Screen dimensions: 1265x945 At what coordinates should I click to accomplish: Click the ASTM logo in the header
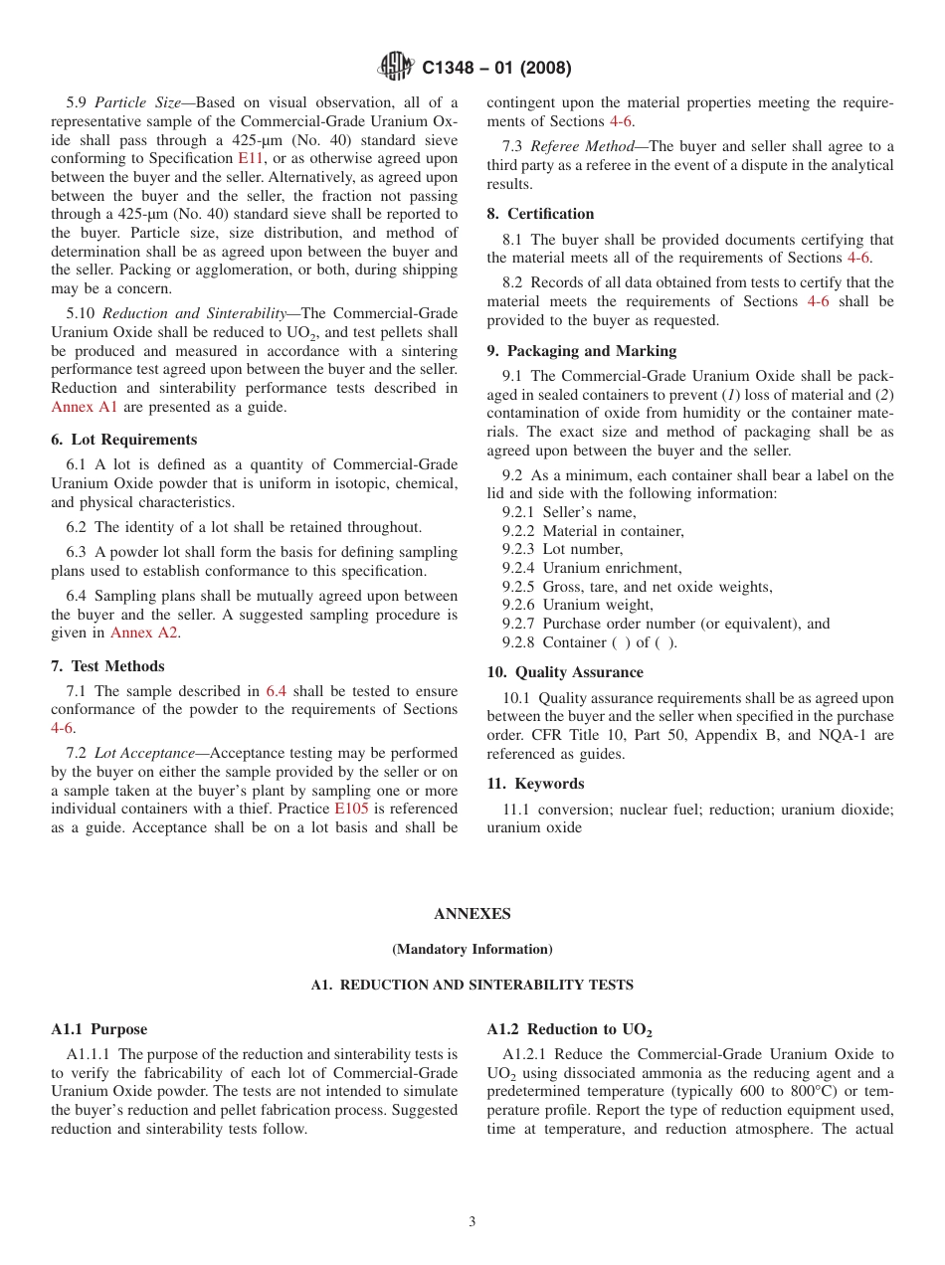click(x=396, y=68)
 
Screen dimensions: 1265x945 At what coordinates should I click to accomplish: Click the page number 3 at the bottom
click(x=472, y=1221)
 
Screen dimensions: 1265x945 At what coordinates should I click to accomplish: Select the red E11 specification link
click(x=251, y=158)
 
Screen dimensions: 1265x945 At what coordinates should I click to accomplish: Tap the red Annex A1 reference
click(x=85, y=407)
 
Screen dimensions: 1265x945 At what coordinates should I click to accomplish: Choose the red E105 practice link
click(x=351, y=809)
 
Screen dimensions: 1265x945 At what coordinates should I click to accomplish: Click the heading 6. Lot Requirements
click(x=124, y=440)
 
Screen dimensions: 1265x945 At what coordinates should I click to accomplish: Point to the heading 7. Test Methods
click(x=108, y=666)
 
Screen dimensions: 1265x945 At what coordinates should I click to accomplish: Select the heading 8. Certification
click(x=541, y=214)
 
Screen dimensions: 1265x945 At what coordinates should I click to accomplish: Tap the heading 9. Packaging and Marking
click(x=582, y=351)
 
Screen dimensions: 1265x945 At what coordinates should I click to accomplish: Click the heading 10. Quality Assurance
click(x=565, y=672)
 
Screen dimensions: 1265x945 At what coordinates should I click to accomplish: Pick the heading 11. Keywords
click(x=536, y=784)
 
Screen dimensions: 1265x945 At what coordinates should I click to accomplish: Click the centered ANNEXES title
click(x=472, y=914)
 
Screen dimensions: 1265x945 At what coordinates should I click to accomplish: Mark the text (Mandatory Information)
click(x=472, y=950)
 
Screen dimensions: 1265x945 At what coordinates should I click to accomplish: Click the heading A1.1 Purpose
click(x=98, y=1029)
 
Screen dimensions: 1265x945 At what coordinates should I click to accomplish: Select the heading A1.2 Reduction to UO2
click(x=569, y=1029)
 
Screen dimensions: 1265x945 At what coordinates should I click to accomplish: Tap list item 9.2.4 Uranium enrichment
click(x=592, y=568)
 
